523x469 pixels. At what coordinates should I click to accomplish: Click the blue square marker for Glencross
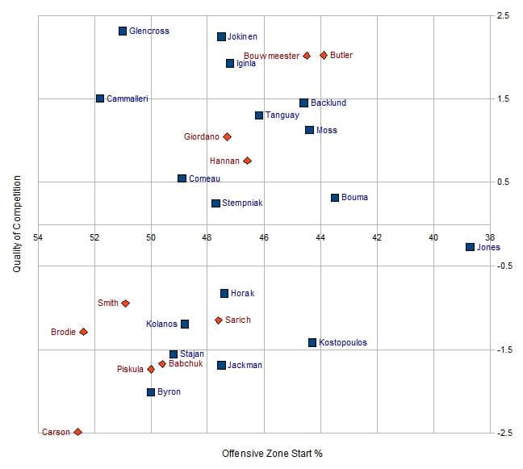pos(123,31)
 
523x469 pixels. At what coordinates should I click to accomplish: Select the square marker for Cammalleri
pos(100,98)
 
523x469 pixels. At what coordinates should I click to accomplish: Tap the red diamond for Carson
pos(77,432)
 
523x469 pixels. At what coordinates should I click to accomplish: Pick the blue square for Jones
pos(470,247)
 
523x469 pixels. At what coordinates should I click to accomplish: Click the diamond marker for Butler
pos(324,55)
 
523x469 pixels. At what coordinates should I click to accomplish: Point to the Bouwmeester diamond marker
pos(307,56)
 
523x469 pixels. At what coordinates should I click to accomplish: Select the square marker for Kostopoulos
pos(312,342)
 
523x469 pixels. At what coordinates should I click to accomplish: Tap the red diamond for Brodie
pos(83,332)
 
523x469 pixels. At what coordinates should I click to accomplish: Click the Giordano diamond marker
pos(227,137)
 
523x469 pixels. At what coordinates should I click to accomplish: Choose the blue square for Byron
pos(151,392)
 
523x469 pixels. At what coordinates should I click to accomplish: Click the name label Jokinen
pos(242,36)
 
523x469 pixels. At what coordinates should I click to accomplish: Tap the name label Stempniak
pos(242,203)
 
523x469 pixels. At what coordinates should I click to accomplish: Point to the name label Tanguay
pos(282,115)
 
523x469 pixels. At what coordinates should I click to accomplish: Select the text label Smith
pos(107,304)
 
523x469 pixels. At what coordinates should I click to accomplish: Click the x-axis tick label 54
pos(38,237)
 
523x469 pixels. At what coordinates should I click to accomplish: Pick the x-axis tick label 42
pos(377,237)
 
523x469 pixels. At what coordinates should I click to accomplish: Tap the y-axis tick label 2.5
pos(503,15)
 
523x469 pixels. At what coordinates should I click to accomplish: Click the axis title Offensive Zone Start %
pos(272,454)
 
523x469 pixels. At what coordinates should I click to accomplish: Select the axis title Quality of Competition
pos(16,224)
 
